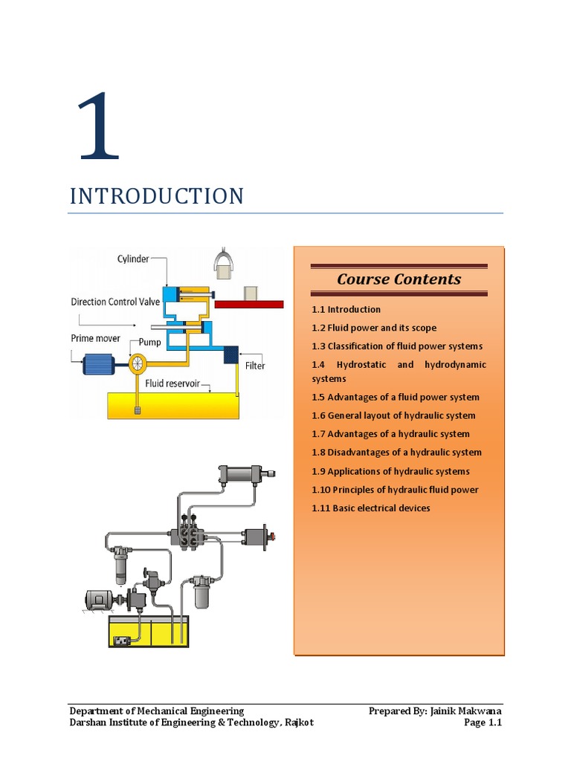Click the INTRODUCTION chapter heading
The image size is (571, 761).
click(x=157, y=196)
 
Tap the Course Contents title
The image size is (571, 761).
click(x=399, y=279)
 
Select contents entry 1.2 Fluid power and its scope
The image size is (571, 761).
click(x=374, y=328)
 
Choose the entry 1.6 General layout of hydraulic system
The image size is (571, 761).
click(x=393, y=415)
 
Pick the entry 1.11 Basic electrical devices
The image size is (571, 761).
click(x=370, y=508)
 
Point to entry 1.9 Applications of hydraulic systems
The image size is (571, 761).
click(x=390, y=471)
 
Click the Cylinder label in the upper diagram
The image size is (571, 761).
click(x=133, y=259)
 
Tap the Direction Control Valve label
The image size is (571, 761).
click(x=115, y=302)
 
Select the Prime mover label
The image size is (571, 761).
click(x=95, y=338)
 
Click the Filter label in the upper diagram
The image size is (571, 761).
click(x=255, y=366)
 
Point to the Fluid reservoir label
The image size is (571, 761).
click(x=172, y=383)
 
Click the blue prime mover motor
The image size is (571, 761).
click(x=99, y=364)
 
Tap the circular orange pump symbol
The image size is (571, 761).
click(x=138, y=363)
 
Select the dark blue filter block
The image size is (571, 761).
click(x=230, y=354)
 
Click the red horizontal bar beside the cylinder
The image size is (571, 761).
click(x=249, y=304)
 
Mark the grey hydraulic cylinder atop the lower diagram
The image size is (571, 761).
click(x=246, y=474)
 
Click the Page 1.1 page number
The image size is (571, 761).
click(x=483, y=722)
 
